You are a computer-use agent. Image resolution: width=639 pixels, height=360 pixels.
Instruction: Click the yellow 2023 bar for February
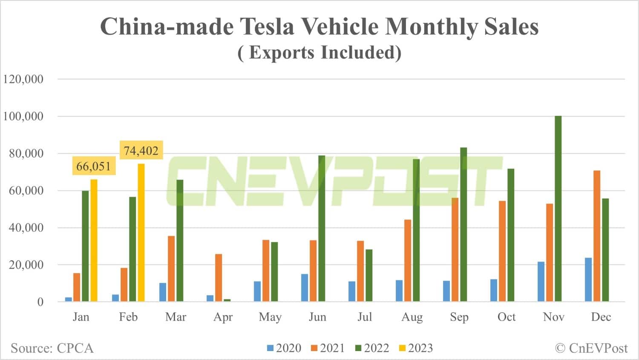coord(141,233)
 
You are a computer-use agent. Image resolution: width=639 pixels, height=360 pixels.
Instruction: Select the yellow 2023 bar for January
coord(94,240)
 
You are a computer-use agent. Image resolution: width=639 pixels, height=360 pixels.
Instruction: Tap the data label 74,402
coord(141,150)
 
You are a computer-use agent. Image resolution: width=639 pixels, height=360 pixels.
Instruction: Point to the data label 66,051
coord(93,166)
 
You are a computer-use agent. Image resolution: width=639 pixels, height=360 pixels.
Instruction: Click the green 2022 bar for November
coord(558,209)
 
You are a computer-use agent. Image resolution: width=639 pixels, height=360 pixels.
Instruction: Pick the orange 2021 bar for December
coord(597,236)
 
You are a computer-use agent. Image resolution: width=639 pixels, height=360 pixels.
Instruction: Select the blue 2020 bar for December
coord(588,279)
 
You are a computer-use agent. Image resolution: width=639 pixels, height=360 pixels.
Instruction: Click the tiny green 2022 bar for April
coord(227,300)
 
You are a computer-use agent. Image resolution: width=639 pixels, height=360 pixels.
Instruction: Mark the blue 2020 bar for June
coord(305,288)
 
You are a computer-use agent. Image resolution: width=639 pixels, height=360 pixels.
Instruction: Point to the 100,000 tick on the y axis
coord(23,116)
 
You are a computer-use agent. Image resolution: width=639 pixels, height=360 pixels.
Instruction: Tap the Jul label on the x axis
coord(365,317)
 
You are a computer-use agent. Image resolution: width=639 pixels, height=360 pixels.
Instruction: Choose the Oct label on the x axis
coord(507,317)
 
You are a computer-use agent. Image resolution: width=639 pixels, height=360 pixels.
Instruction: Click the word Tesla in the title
coord(268,26)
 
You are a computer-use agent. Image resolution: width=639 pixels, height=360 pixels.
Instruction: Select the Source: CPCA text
coord(52,348)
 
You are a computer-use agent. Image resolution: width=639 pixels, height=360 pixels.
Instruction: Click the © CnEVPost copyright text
coord(591,348)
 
